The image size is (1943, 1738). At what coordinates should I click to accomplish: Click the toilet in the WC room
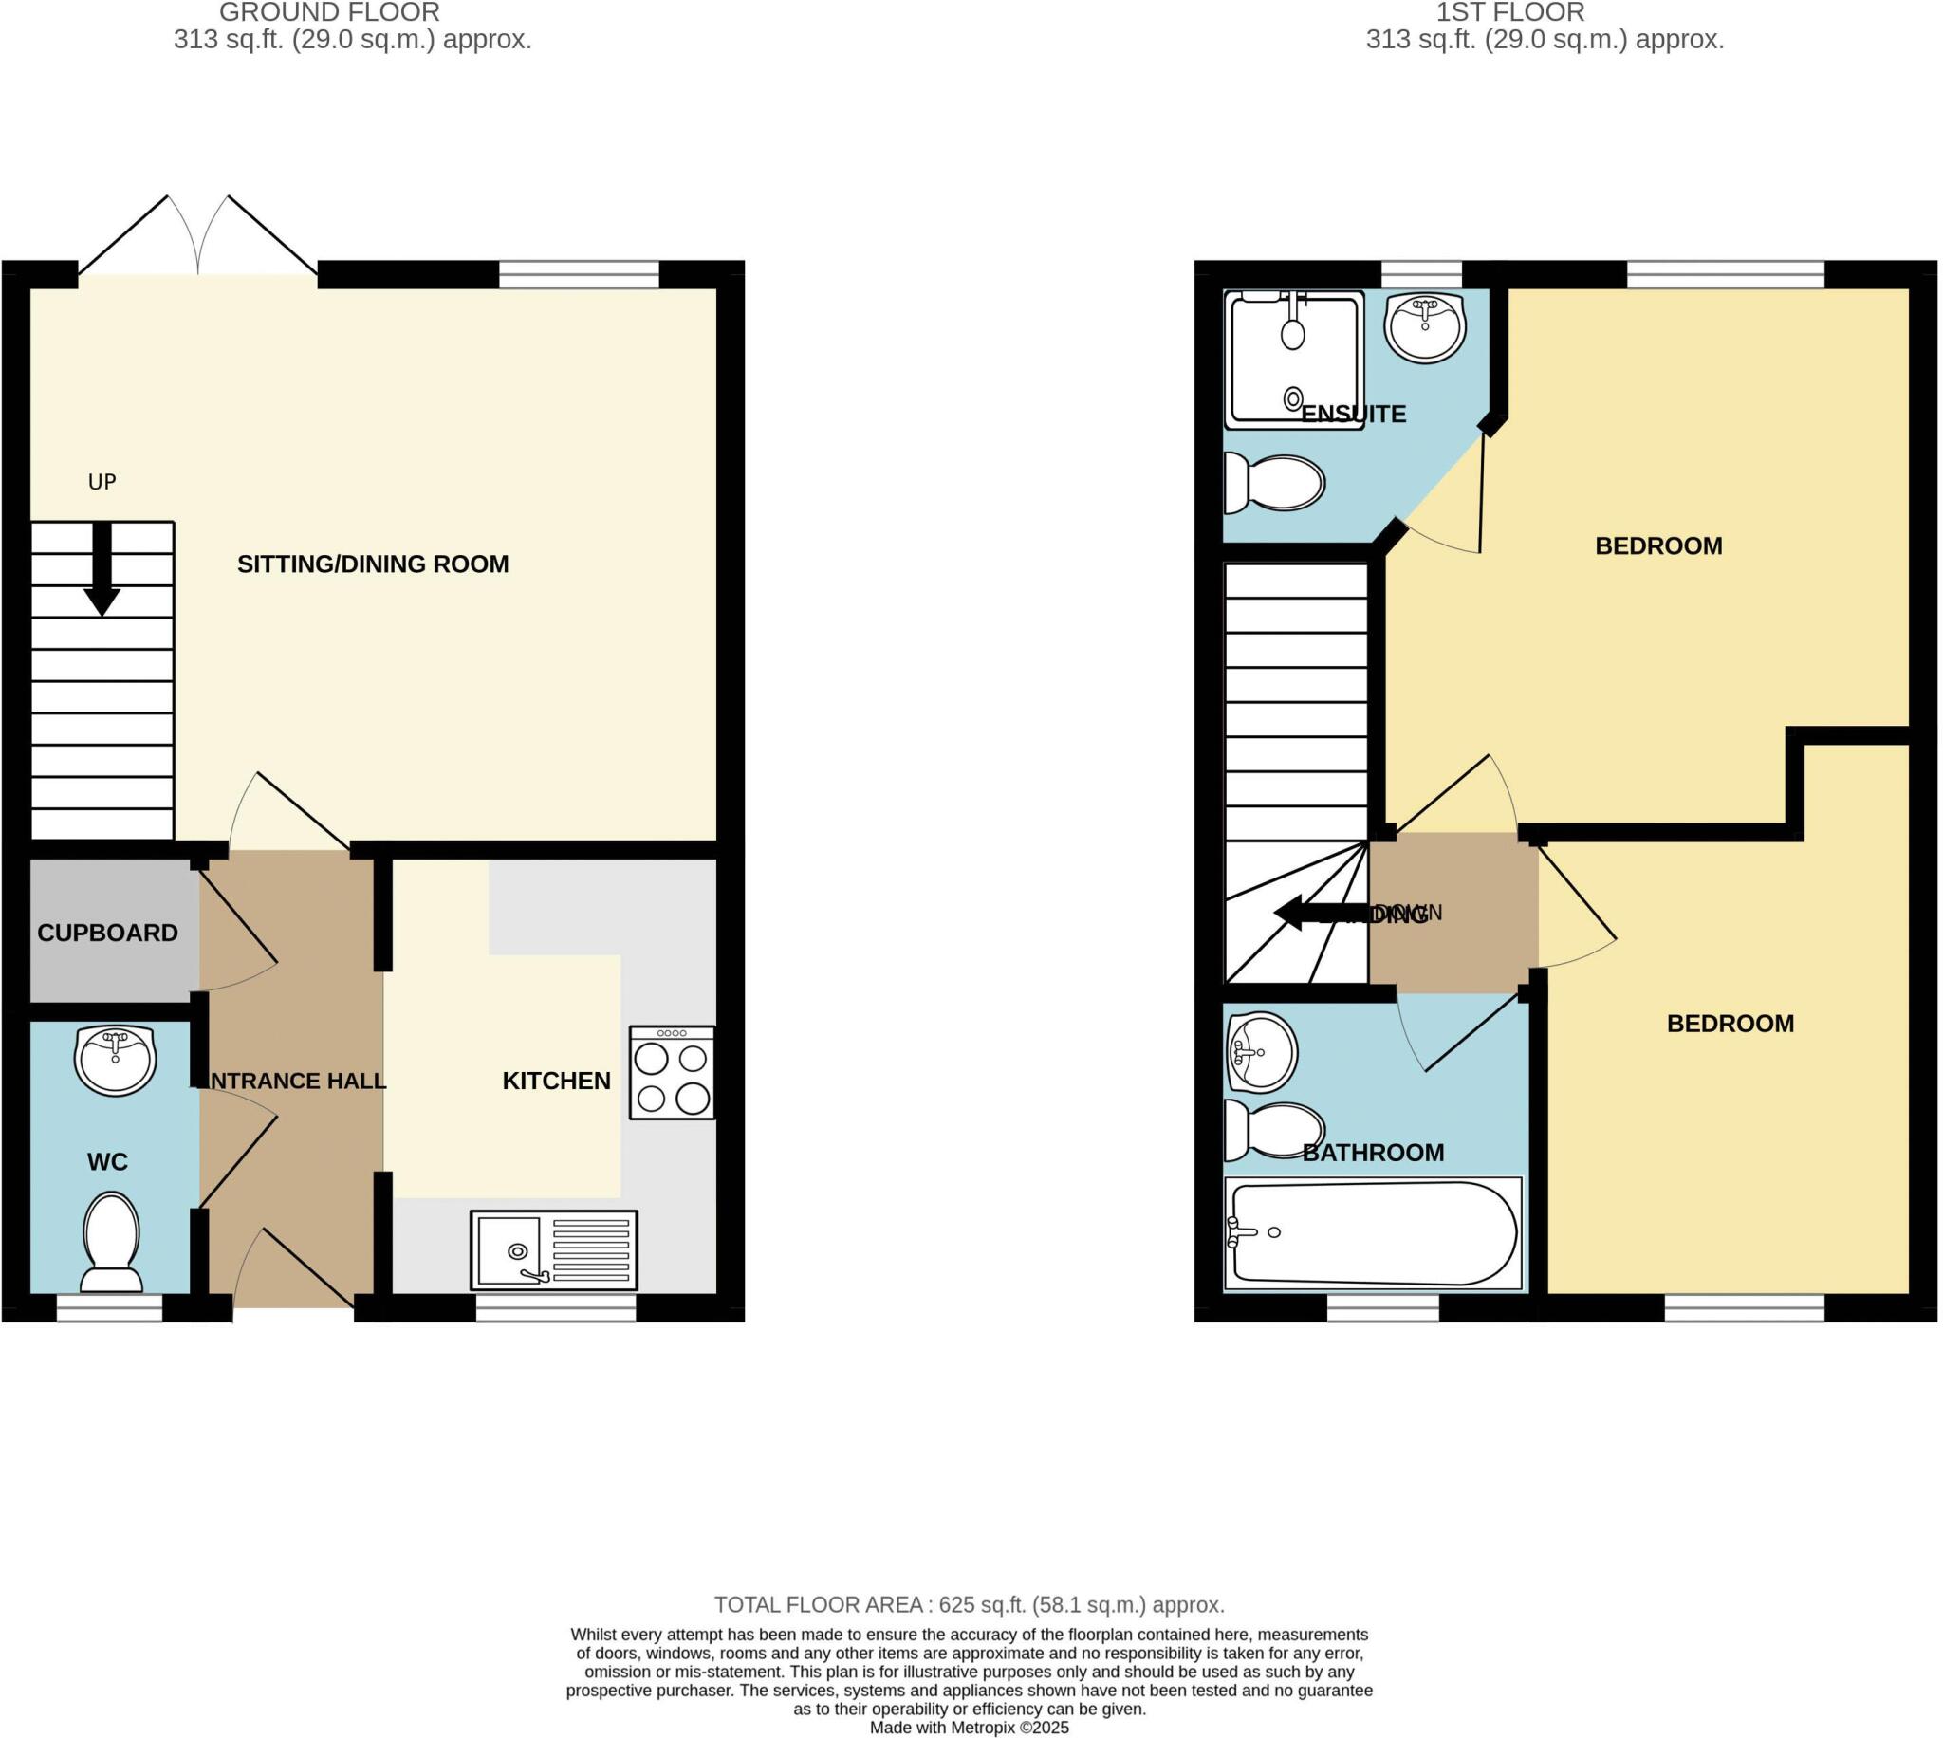112,1242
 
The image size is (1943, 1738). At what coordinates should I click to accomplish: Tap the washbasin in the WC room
116,1060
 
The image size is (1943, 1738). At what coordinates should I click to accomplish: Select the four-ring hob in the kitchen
671,1072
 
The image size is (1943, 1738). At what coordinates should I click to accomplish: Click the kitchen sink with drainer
554,1250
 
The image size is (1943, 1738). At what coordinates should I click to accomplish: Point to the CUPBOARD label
107,933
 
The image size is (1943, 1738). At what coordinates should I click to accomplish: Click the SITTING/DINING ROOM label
372,564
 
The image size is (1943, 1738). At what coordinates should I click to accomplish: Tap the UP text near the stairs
102,482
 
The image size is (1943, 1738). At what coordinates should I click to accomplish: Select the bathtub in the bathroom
1373,1233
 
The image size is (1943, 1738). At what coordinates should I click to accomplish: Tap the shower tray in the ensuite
1294,359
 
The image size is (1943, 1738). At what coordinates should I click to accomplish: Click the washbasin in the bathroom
1261,1051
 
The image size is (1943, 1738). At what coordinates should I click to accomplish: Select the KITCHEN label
557,1081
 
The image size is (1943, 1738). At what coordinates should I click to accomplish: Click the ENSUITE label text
1353,415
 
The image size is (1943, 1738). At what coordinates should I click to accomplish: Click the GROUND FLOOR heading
329,12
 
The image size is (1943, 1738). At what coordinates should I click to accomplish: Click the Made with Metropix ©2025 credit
969,1728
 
